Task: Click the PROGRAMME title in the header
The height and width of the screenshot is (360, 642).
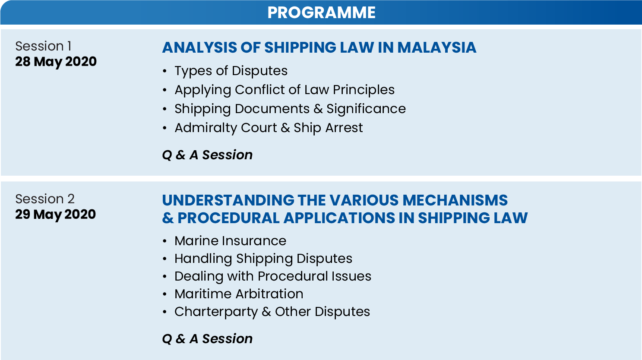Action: [x=321, y=13]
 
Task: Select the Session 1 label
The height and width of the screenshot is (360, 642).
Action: [x=43, y=46]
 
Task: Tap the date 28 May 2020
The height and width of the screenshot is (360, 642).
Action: [x=56, y=62]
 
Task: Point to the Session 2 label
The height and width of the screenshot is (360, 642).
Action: [x=45, y=199]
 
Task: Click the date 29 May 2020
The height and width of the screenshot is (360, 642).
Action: [x=55, y=215]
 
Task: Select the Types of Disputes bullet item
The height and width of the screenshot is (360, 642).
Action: [x=231, y=71]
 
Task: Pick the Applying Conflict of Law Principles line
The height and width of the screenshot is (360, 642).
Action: [x=284, y=90]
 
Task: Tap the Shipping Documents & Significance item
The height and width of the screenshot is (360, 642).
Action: [x=290, y=109]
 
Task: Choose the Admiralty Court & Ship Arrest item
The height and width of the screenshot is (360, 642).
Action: [x=268, y=128]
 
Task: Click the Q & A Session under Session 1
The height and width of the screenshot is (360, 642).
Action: [x=207, y=155]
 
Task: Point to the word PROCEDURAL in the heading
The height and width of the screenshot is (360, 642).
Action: [x=228, y=218]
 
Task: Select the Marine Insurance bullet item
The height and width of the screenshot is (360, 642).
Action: [x=230, y=241]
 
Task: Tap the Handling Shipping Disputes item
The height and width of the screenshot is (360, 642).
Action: [x=263, y=259]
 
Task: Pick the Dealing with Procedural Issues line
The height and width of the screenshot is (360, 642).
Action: [x=272, y=276]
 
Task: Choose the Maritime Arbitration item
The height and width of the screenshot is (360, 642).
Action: [x=238, y=294]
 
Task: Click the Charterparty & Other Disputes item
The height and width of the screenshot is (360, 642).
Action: [x=272, y=312]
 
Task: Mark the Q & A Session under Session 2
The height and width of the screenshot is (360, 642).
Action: [x=207, y=339]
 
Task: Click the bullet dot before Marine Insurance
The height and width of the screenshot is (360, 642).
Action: [x=164, y=241]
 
